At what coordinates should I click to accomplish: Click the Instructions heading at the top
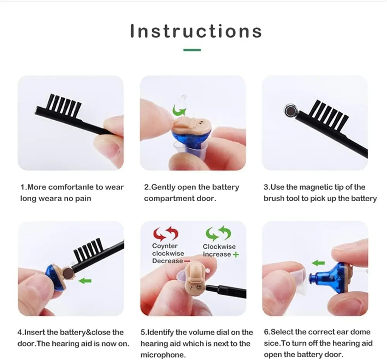[196, 31]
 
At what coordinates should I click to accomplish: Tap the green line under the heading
[192, 50]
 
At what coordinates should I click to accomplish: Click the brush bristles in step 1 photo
[65, 105]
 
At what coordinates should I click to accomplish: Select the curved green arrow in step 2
[179, 110]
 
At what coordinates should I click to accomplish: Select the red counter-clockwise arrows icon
[166, 234]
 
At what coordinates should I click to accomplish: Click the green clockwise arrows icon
[218, 233]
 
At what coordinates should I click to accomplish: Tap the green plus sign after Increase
[236, 254]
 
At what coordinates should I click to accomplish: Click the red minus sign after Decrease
[187, 261]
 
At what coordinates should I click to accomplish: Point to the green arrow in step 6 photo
[318, 263]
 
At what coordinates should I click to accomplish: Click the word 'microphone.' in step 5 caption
[163, 355]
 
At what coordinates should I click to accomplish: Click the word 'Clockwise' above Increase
[219, 247]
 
